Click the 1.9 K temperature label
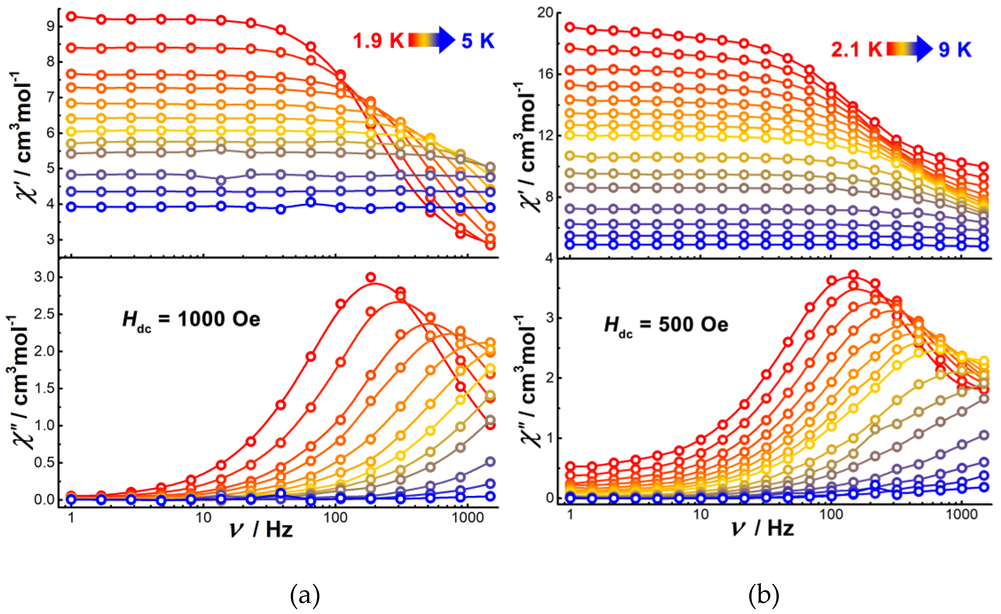(x=378, y=41)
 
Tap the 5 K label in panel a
(x=478, y=41)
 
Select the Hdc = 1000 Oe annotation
(x=191, y=320)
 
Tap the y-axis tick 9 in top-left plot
(x=50, y=26)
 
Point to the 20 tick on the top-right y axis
(x=545, y=13)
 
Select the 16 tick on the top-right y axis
(x=545, y=74)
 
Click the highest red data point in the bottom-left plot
(x=370, y=278)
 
